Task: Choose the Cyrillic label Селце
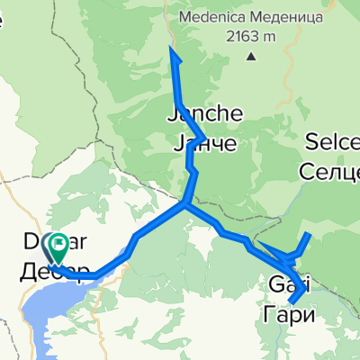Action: coord(331,166)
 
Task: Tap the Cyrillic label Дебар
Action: coord(54,273)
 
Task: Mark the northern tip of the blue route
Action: coord(172,50)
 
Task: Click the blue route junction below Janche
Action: coord(185,204)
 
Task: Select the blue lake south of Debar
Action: coord(45,315)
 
